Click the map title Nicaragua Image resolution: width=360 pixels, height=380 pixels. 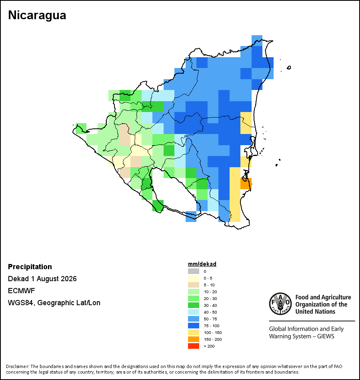[37, 15]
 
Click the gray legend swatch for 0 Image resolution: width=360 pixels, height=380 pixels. [194, 271]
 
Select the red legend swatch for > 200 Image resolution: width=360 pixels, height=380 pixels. [194, 346]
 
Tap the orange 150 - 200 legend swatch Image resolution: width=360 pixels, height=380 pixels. [194, 339]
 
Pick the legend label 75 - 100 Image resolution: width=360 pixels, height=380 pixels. [211, 326]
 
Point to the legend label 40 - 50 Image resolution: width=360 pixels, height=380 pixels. [210, 312]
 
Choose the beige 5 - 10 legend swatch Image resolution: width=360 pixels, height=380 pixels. [194, 285]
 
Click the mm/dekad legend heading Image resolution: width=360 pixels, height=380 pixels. [202, 264]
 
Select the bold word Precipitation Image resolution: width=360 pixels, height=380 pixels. [30, 266]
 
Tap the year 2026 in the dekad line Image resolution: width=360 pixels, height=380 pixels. [69, 279]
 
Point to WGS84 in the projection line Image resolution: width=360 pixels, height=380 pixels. [20, 303]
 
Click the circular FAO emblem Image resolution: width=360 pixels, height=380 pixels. [280, 304]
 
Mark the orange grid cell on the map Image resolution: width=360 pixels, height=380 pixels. [246, 184]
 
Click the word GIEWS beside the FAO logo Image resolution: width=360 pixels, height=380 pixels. [326, 336]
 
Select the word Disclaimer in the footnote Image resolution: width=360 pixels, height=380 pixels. [18, 366]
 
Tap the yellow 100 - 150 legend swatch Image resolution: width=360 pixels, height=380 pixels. [194, 332]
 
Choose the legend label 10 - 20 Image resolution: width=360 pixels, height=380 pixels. [210, 292]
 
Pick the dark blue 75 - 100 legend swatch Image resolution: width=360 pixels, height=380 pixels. [194, 326]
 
